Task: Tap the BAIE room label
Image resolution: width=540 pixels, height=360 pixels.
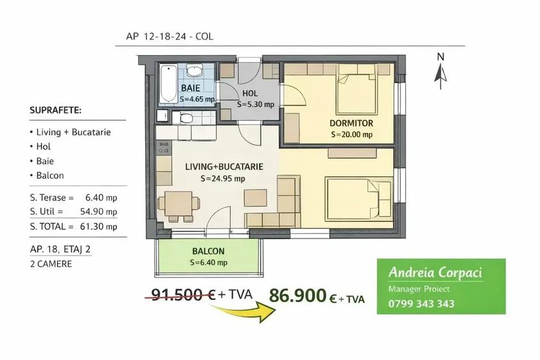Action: click(x=190, y=88)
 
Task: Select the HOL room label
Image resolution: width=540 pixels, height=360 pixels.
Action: click(x=251, y=93)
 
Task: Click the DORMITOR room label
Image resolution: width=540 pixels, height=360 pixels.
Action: click(x=351, y=123)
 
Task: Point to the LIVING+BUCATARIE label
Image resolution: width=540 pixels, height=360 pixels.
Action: click(x=224, y=167)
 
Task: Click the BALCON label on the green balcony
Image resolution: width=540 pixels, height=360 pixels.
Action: click(x=208, y=251)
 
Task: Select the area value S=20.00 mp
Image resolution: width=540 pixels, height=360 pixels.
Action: click(x=351, y=135)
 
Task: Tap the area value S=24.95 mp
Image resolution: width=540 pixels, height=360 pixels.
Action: click(x=222, y=178)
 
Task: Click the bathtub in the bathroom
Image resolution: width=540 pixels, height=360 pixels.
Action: click(x=168, y=83)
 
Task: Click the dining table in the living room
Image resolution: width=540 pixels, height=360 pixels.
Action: click(x=179, y=204)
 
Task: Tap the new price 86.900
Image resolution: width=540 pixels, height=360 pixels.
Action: click(x=297, y=295)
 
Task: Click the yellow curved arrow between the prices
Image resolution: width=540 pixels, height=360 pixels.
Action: click(x=246, y=312)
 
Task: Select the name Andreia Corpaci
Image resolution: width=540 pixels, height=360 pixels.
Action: click(x=435, y=273)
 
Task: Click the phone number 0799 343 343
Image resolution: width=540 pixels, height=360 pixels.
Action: click(x=421, y=304)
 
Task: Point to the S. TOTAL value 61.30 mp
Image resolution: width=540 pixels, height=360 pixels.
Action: click(x=102, y=226)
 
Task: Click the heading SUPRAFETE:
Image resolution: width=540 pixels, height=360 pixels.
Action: click(x=56, y=110)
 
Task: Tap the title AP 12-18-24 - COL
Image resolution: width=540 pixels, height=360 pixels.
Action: click(x=165, y=37)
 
